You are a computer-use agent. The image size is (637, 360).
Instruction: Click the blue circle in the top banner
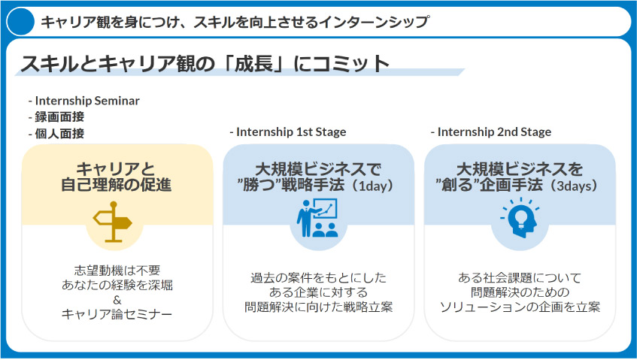[x=21, y=22]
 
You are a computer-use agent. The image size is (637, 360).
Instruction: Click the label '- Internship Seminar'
[x=83, y=101]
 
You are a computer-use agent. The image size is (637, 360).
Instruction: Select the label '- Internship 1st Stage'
[x=288, y=132]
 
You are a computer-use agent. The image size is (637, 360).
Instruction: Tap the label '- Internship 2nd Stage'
[x=491, y=132]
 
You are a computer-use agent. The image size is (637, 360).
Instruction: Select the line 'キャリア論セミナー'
[x=117, y=315]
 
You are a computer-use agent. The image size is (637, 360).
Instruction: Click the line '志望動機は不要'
[x=117, y=271]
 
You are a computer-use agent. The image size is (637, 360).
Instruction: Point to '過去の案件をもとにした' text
[x=318, y=278]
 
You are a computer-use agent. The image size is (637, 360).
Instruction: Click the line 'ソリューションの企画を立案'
[x=520, y=307]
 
